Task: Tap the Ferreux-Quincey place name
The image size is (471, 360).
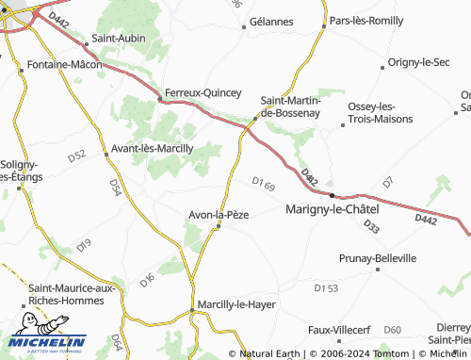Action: point(203,93)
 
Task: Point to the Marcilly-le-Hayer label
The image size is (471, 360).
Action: point(235,304)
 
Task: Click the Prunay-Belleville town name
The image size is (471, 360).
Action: point(377,257)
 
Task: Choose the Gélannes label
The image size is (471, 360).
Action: point(271,21)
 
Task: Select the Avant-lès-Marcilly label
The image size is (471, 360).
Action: point(153,148)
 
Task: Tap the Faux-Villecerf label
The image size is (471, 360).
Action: point(339,330)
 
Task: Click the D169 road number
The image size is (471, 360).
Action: point(264,183)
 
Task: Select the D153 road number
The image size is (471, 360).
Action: point(326,286)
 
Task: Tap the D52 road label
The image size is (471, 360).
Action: point(77,155)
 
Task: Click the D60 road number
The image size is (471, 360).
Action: point(393,329)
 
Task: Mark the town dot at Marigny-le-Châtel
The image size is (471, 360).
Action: point(331,196)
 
